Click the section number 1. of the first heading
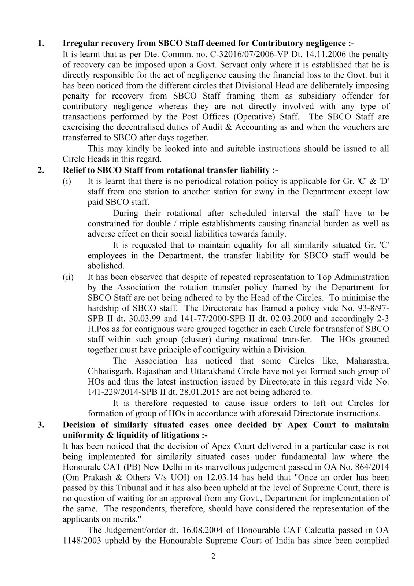click(41, 43)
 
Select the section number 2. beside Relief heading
click(41, 170)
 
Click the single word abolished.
click(104, 266)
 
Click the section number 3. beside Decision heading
click(41, 425)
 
